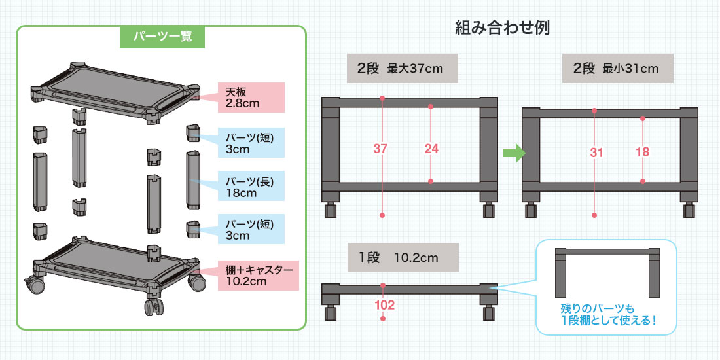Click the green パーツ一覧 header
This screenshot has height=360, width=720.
pyautogui.click(x=162, y=37)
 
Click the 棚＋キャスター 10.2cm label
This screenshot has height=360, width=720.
pyautogui.click(x=257, y=275)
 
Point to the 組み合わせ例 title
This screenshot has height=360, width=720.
pyautogui.click(x=502, y=29)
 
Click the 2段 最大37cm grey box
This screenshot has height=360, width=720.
pyautogui.click(x=401, y=69)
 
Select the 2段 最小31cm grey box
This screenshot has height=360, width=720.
pyautogui.click(x=617, y=69)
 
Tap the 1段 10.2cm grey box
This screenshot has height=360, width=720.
pyautogui.click(x=401, y=257)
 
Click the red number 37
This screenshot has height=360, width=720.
pyautogui.click(x=381, y=149)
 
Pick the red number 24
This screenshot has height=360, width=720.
pyautogui.click(x=431, y=149)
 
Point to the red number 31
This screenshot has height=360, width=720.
pyautogui.click(x=596, y=153)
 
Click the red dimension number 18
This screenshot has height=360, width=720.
pyautogui.click(x=642, y=153)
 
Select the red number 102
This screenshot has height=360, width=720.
pyautogui.click(x=383, y=304)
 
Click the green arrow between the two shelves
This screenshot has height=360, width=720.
pyautogui.click(x=514, y=154)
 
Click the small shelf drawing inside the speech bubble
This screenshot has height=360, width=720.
pyautogui.click(x=606, y=271)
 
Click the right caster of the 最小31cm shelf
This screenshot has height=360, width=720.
pyautogui.click(x=690, y=210)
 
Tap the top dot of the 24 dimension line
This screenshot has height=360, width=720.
pyautogui.click(x=431, y=106)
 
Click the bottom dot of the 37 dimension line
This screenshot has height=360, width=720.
pyautogui.click(x=382, y=215)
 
